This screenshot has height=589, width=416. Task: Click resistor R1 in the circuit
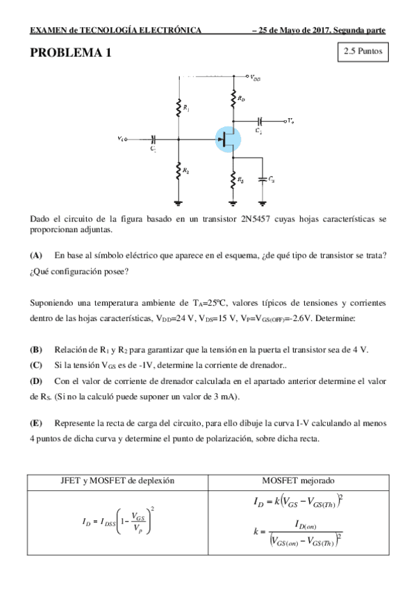coord(179,107)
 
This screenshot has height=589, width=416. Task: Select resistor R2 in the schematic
coord(179,169)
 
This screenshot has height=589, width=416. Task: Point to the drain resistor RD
coord(233,100)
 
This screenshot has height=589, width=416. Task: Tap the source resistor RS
coord(233,181)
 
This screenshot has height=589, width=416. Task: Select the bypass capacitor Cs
coord(263,179)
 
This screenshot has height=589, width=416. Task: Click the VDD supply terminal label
coord(256,78)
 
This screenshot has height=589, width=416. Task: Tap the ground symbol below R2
coord(179,202)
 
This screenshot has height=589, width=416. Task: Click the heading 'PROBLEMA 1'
coord(70,53)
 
